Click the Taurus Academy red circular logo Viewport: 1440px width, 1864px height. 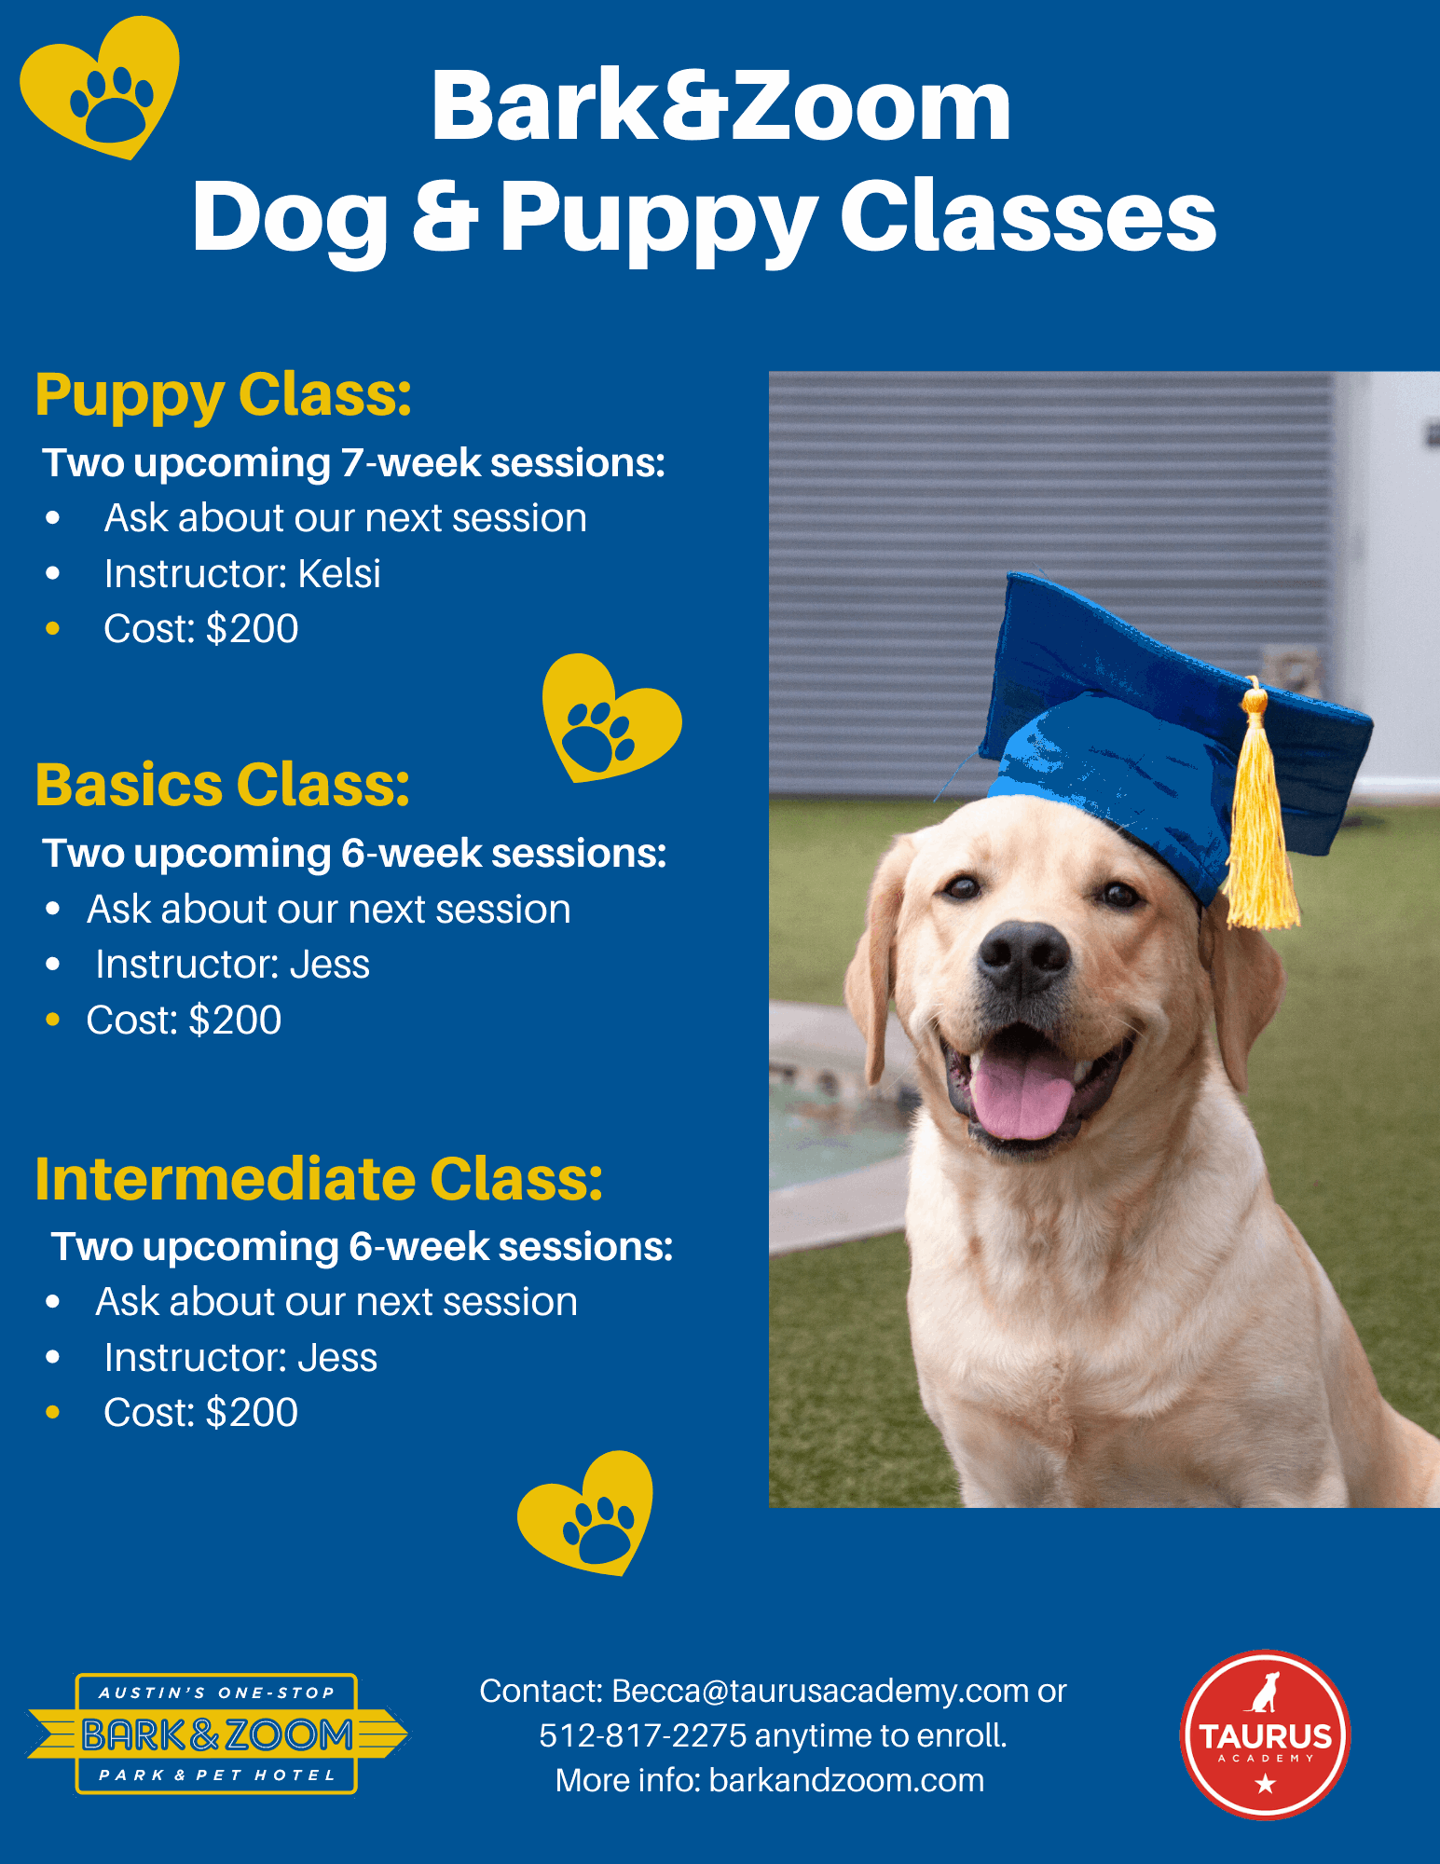click(1265, 1734)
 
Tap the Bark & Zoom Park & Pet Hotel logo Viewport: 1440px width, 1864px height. click(217, 1734)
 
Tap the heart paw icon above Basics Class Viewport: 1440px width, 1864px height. click(611, 719)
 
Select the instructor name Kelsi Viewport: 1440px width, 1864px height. click(339, 573)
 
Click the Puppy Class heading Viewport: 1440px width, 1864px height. click(224, 396)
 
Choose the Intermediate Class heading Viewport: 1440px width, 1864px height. click(320, 1179)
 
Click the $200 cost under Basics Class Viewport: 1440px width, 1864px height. click(235, 1020)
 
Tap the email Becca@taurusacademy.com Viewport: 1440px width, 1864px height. click(820, 1691)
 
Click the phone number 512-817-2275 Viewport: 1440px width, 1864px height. click(643, 1735)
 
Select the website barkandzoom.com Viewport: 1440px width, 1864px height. click(846, 1780)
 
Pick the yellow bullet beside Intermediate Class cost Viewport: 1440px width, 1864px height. click(53, 1413)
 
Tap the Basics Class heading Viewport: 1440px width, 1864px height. click(223, 785)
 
